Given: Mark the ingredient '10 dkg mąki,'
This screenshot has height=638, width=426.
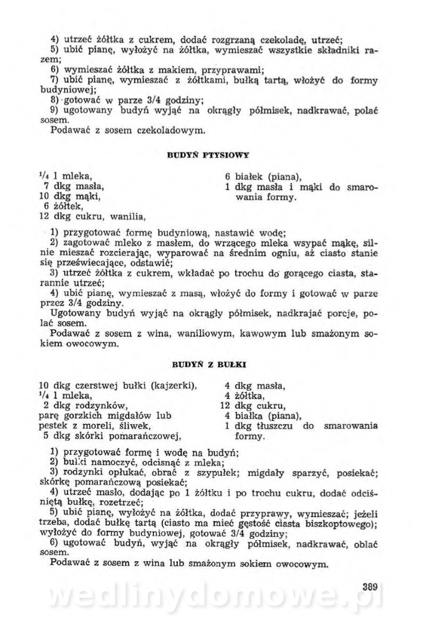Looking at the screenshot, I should [70, 196].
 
